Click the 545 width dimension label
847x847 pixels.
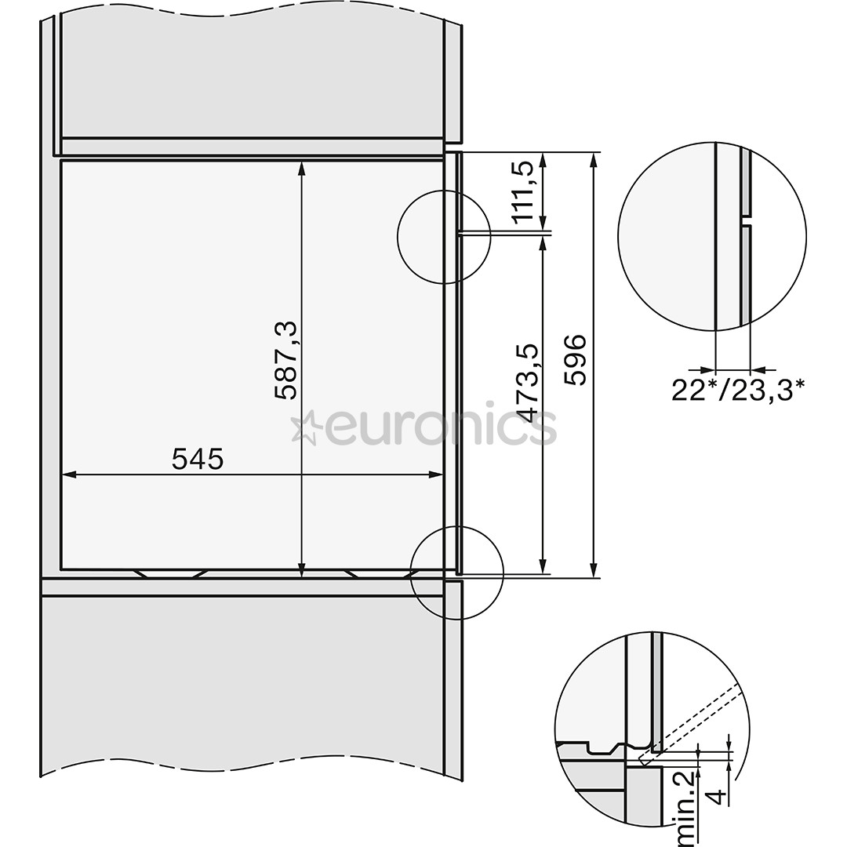[198, 459]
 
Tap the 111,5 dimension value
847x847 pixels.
[524, 191]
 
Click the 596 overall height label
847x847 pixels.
[576, 360]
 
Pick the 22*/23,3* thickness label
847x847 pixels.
[738, 390]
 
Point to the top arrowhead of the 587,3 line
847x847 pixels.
[302, 167]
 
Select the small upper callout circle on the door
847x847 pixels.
[444, 235]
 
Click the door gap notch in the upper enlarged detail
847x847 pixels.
[746, 220]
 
